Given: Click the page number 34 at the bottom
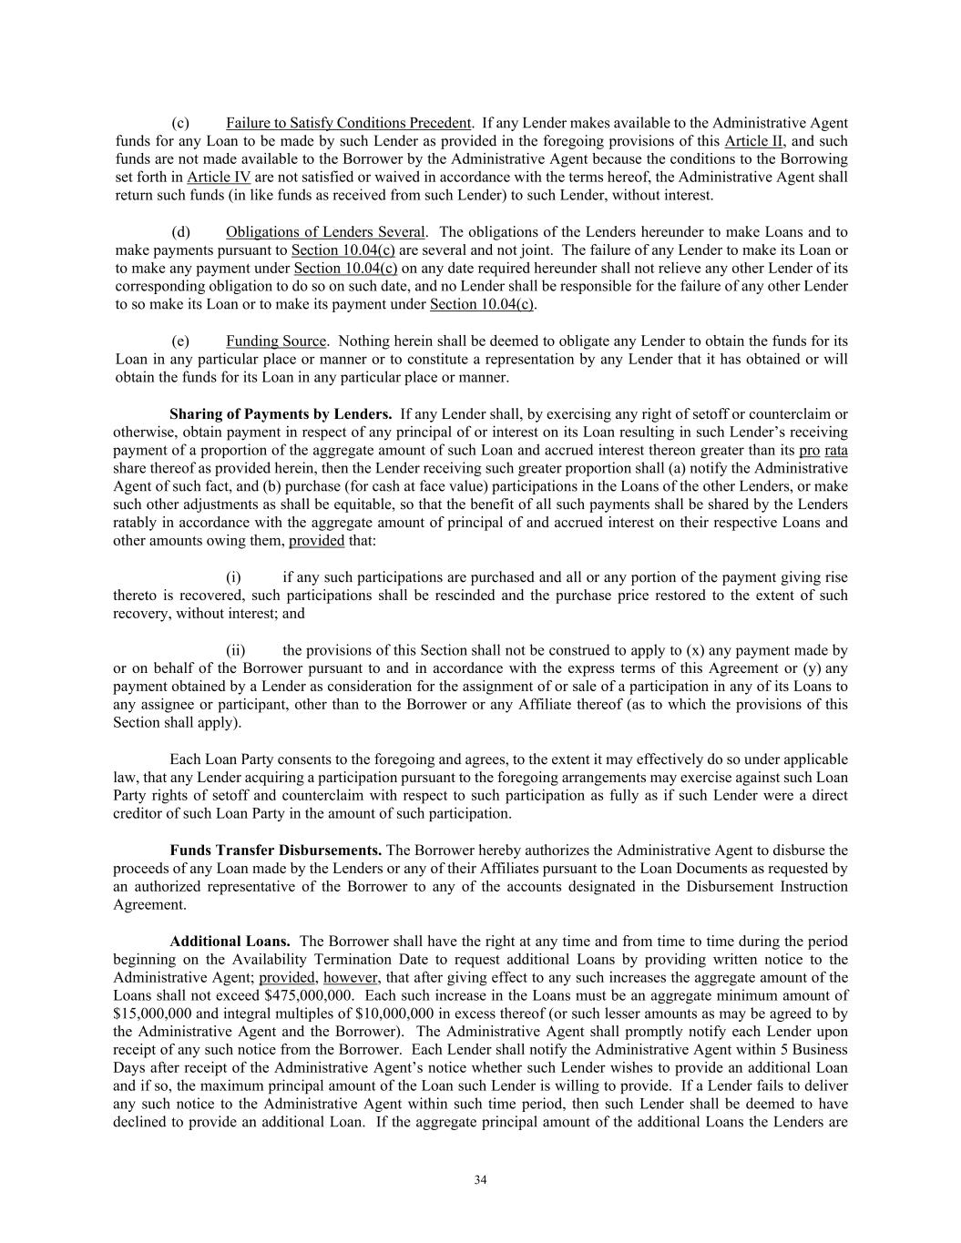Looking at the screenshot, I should tap(480, 1180).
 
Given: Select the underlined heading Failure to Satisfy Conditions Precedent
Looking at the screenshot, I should tap(348, 123).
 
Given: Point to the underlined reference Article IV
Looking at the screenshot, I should tap(219, 178).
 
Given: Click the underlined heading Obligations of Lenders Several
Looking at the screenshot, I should tap(325, 232).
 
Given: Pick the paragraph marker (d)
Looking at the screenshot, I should tap(180, 232).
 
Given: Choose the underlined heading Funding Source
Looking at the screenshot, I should tap(276, 341).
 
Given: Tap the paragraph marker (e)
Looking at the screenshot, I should tap(180, 341).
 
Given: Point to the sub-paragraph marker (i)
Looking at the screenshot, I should tap(233, 577).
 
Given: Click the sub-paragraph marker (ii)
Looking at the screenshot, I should tap(235, 650).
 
